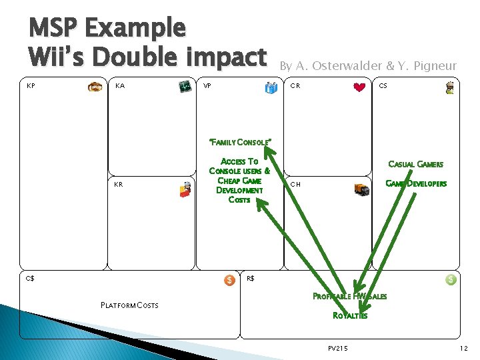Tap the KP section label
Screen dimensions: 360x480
point(31,86)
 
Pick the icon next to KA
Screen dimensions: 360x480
point(185,87)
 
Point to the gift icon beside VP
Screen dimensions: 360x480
point(271,87)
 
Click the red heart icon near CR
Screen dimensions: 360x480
point(360,87)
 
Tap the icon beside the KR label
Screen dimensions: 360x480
point(185,190)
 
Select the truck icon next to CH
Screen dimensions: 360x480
point(361,189)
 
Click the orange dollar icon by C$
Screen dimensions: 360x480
point(229,280)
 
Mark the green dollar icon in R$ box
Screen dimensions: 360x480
point(451,280)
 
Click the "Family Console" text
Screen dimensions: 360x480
point(239,142)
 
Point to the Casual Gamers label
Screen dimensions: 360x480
point(416,164)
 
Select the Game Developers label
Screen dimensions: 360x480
point(417,184)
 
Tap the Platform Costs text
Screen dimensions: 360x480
point(129,305)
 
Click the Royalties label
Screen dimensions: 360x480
point(350,315)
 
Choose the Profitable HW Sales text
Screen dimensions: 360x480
point(350,296)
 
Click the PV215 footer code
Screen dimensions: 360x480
point(339,348)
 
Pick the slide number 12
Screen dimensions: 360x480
point(463,348)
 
